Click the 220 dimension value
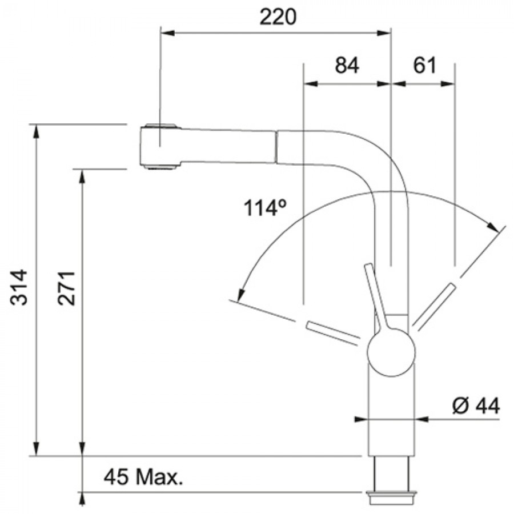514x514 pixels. coord(278,17)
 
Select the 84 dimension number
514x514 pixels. coord(347,65)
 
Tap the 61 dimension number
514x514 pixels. coord(424,65)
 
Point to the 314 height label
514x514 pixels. coord(19,287)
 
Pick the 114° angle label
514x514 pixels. coord(265,208)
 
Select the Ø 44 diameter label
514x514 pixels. coord(476,406)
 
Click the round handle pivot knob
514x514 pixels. coord(391,352)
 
